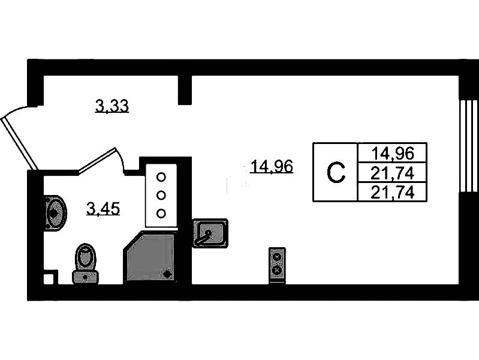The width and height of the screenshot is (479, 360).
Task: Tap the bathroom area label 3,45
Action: tap(104, 209)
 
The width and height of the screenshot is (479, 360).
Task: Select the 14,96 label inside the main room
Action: tap(272, 167)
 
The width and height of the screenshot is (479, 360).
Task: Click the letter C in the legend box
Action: tap(336, 173)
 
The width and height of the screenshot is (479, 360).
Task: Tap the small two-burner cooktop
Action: tap(277, 263)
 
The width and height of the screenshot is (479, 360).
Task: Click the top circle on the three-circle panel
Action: tap(161, 177)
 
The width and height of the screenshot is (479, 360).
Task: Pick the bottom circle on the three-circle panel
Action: tap(161, 212)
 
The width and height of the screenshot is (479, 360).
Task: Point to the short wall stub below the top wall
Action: tap(185, 89)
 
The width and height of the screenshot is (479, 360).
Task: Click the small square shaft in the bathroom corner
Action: tap(50, 277)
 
